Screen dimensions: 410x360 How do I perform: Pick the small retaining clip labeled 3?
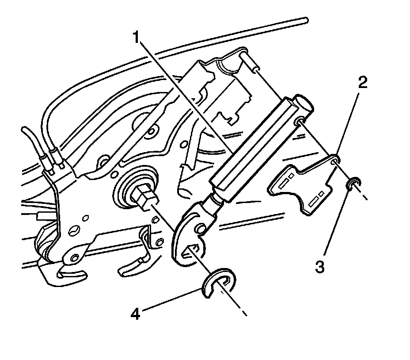click(x=355, y=183)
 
